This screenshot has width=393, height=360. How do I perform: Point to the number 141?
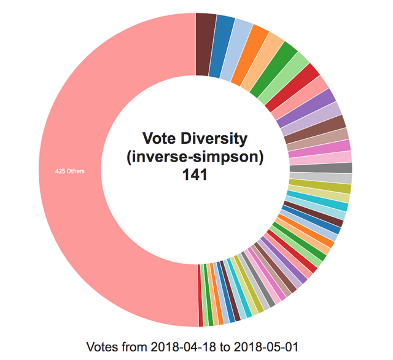point(195,175)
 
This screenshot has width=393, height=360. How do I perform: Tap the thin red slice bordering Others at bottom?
point(201,296)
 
